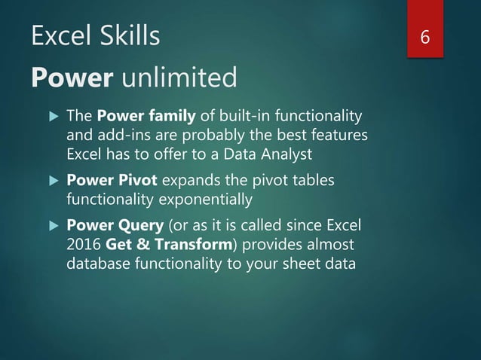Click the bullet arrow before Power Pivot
[x=51, y=182]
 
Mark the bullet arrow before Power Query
[x=51, y=225]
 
